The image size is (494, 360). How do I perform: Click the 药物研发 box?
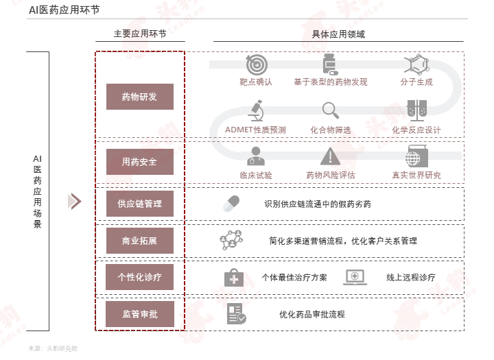pyautogui.click(x=140, y=97)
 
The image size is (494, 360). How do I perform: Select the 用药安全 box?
pyautogui.click(x=140, y=162)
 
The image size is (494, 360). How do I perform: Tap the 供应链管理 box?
pyautogui.click(x=140, y=204)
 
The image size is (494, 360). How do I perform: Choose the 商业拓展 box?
pyautogui.click(x=140, y=241)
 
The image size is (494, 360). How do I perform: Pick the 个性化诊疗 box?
pyautogui.click(x=139, y=277)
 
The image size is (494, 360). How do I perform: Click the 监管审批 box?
pyautogui.click(x=140, y=314)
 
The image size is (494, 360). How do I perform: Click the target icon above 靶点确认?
pyautogui.click(x=257, y=64)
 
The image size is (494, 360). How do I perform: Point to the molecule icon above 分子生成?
pyautogui.click(x=416, y=64)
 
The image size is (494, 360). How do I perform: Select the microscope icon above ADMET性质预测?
pyautogui.click(x=256, y=110)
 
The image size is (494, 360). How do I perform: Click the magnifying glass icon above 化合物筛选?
pyautogui.click(x=331, y=110)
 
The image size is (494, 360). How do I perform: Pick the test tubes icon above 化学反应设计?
pyautogui.click(x=416, y=110)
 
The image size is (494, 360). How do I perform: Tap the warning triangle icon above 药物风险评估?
pyautogui.click(x=330, y=156)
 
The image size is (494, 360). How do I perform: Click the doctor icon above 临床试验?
pyautogui.click(x=256, y=156)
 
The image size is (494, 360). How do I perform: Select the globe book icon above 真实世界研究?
pyautogui.click(x=416, y=156)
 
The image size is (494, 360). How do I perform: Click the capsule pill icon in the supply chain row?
pyautogui.click(x=231, y=204)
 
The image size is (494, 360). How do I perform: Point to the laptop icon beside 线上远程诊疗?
pyautogui.click(x=355, y=278)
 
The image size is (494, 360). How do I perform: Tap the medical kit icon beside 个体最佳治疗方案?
pyautogui.click(x=234, y=278)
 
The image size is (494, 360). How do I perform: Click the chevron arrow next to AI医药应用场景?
pyautogui.click(x=75, y=202)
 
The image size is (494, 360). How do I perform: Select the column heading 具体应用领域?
pyautogui.click(x=338, y=34)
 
